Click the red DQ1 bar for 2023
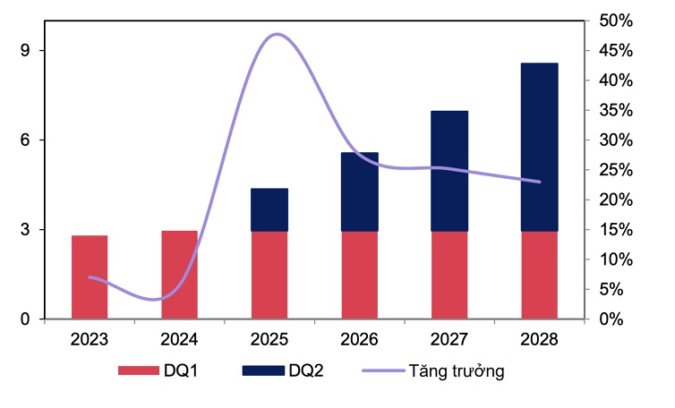(x=90, y=277)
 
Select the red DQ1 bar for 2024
(x=180, y=275)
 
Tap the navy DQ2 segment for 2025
(x=269, y=209)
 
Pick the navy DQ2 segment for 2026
(x=360, y=192)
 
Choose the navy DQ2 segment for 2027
(x=449, y=171)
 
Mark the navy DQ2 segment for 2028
(x=540, y=148)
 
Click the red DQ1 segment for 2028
(x=540, y=275)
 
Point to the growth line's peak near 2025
(x=278, y=34)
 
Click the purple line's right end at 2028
(x=540, y=182)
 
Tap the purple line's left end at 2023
(x=90, y=277)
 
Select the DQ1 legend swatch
(x=138, y=370)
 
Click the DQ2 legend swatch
(x=263, y=370)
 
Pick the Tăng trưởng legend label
(x=457, y=371)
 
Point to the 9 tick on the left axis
(x=25, y=51)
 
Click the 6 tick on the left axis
(x=25, y=140)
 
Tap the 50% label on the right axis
(x=616, y=21)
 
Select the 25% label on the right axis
(x=616, y=170)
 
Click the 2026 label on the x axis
(x=360, y=340)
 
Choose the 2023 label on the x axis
(x=90, y=340)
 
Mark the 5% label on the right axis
(x=611, y=289)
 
